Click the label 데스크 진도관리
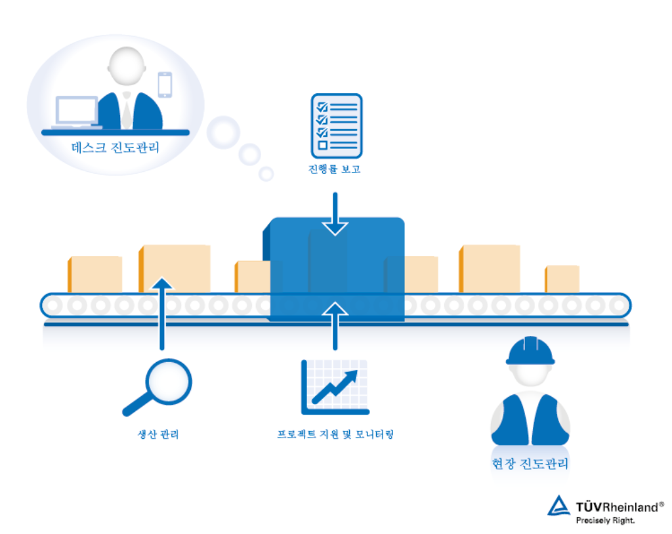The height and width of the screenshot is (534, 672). (115, 147)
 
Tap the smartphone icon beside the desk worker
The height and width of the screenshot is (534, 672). (164, 84)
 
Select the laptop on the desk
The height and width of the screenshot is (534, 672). (77, 112)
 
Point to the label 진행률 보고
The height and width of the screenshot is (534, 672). (335, 170)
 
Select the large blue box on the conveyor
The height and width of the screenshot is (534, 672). (336, 269)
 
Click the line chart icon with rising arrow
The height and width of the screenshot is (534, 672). (335, 387)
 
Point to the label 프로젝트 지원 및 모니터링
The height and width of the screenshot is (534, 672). (335, 434)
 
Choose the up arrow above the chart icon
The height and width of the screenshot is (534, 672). (335, 325)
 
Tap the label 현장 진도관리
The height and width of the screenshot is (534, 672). (530, 464)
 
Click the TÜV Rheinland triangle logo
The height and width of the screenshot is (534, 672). (559, 506)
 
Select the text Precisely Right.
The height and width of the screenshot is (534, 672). (605, 520)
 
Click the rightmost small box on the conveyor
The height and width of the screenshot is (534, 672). (562, 279)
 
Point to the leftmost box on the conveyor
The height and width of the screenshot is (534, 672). (95, 274)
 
